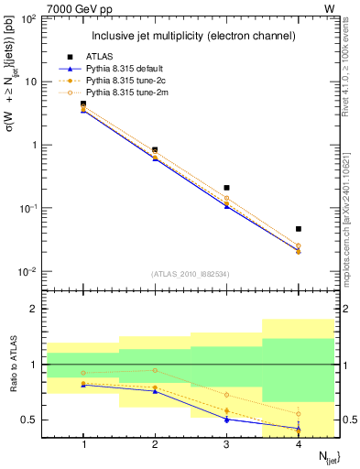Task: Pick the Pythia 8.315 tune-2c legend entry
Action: click(x=125, y=81)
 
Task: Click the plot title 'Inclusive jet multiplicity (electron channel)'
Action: click(x=192, y=36)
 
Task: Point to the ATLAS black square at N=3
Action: click(x=226, y=188)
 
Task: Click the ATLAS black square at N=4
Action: click(x=299, y=228)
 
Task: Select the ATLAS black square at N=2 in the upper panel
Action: click(x=155, y=149)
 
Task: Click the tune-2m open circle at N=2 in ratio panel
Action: click(x=155, y=370)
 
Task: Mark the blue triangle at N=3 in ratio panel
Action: click(x=226, y=419)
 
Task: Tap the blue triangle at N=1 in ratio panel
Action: click(x=83, y=385)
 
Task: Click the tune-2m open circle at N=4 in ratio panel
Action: click(x=299, y=413)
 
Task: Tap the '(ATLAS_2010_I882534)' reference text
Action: click(x=190, y=273)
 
